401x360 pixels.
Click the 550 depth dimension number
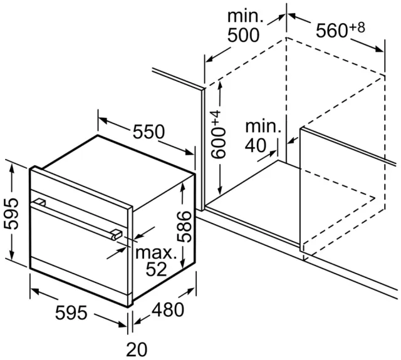click(149, 131)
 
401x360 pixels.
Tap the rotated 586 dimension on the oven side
click(185, 227)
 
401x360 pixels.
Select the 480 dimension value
click(168, 310)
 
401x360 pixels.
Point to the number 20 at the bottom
click(137, 349)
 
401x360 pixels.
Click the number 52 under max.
click(156, 269)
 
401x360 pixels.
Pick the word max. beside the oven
click(156, 253)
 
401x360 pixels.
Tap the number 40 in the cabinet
click(256, 146)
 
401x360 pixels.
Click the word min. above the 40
click(263, 126)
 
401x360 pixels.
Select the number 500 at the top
click(244, 35)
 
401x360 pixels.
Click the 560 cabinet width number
click(332, 31)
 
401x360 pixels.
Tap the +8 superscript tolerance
click(357, 28)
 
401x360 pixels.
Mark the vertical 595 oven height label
click(11, 213)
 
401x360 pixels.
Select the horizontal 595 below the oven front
click(71, 313)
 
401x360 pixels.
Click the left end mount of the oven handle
click(39, 203)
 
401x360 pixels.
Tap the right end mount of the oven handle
click(117, 235)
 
